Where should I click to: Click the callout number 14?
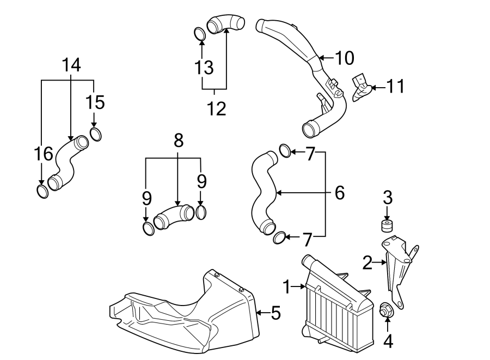71,65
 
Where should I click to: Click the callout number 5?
275,313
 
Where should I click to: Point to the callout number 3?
387,196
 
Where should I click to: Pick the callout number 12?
216,109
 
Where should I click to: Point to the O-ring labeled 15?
95,133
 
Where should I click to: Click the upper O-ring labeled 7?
285,150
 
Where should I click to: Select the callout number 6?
340,192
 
